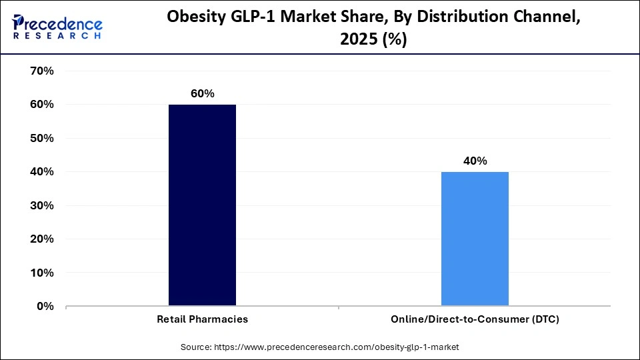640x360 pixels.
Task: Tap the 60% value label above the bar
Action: (x=202, y=94)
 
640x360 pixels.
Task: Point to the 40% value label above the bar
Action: (x=475, y=161)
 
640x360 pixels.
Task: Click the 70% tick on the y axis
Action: (x=42, y=71)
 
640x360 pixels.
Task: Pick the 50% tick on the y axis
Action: (x=42, y=138)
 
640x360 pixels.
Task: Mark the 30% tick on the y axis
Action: (x=42, y=205)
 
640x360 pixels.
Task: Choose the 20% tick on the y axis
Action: (x=42, y=239)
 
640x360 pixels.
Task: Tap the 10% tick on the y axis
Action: (x=42, y=273)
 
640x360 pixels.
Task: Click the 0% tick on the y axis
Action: (x=45, y=307)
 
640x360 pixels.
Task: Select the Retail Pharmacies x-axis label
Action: (x=202, y=319)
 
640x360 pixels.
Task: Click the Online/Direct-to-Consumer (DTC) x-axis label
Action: (x=475, y=319)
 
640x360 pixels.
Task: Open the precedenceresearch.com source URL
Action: (x=335, y=347)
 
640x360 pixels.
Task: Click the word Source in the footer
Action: (x=195, y=347)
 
